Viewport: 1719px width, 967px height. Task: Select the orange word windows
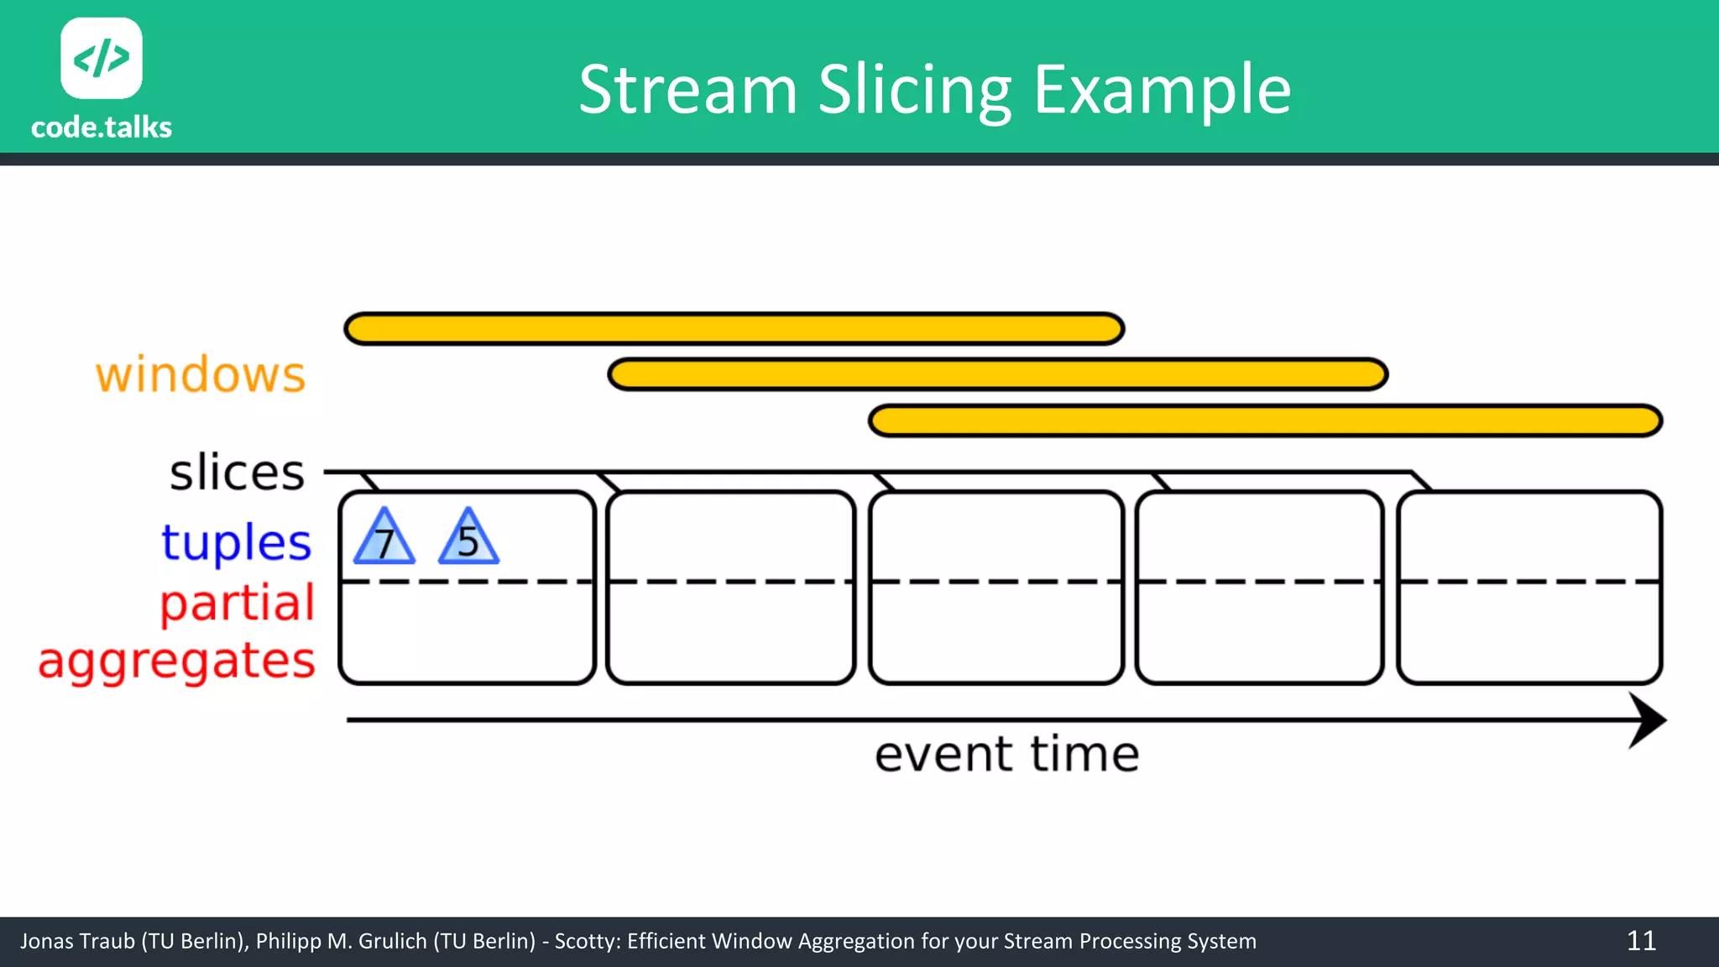[x=201, y=374]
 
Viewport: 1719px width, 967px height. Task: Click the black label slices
[x=238, y=473]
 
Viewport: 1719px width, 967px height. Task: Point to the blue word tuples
[x=237, y=542]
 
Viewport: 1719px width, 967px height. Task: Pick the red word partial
[x=238, y=603]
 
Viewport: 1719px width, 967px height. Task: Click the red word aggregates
[x=177, y=661]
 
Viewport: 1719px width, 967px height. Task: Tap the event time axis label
[x=1006, y=754]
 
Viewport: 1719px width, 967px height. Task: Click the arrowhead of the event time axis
[x=1647, y=720]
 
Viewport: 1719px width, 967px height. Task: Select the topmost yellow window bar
[x=734, y=329]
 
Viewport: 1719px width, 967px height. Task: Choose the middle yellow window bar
[x=997, y=374]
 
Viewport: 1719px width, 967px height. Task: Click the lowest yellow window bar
[x=1265, y=421]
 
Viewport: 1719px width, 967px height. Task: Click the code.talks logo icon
[x=102, y=58]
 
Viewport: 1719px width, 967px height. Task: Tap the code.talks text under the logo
[x=102, y=128]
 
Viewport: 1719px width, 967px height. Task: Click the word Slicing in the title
[x=915, y=90]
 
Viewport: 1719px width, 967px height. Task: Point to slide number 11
[x=1641, y=941]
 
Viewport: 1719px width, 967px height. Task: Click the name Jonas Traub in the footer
[x=77, y=941]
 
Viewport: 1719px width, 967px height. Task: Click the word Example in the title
[x=1162, y=90]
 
